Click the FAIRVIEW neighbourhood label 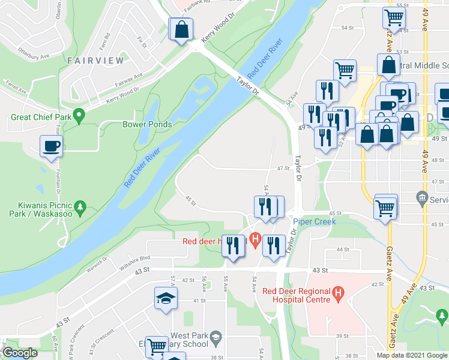tap(95, 61)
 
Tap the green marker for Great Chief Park tap(78, 115)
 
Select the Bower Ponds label tap(147, 125)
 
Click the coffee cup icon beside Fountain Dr tap(50, 145)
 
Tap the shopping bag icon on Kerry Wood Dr tap(181, 29)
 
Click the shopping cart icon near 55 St tap(394, 17)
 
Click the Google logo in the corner tap(19, 353)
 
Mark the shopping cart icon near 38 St tap(156, 346)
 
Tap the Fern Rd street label tap(106, 41)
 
